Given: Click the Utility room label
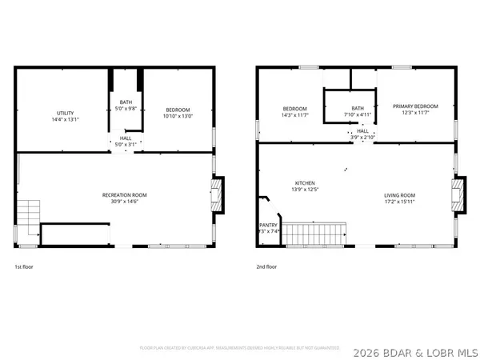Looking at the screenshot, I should coord(65,113).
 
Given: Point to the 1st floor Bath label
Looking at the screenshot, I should coord(126,102).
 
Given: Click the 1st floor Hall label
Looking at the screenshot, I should coord(126,138).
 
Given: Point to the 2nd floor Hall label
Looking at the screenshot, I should coord(363,132).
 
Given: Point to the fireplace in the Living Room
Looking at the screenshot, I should coord(457,194).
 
